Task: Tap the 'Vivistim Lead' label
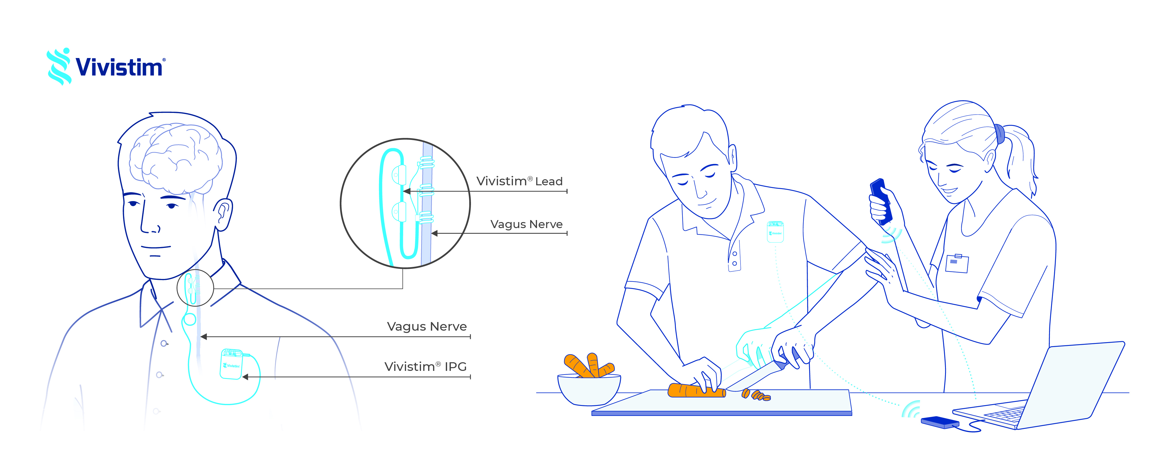519,181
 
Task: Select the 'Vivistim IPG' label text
425,367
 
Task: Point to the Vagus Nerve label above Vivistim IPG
427,326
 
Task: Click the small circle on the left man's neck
195,288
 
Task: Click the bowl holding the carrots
589,389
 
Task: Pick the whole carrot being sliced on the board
696,390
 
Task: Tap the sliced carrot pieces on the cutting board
757,396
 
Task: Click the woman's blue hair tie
1000,134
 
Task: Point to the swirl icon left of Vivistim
59,67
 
